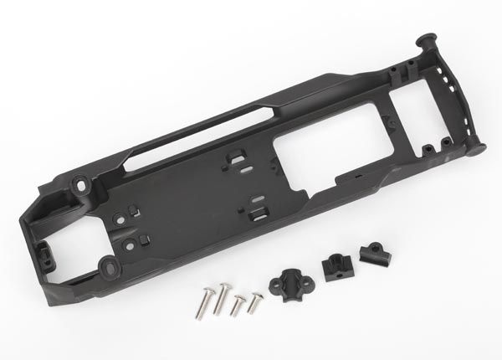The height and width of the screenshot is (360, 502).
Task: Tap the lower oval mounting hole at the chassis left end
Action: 109,266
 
